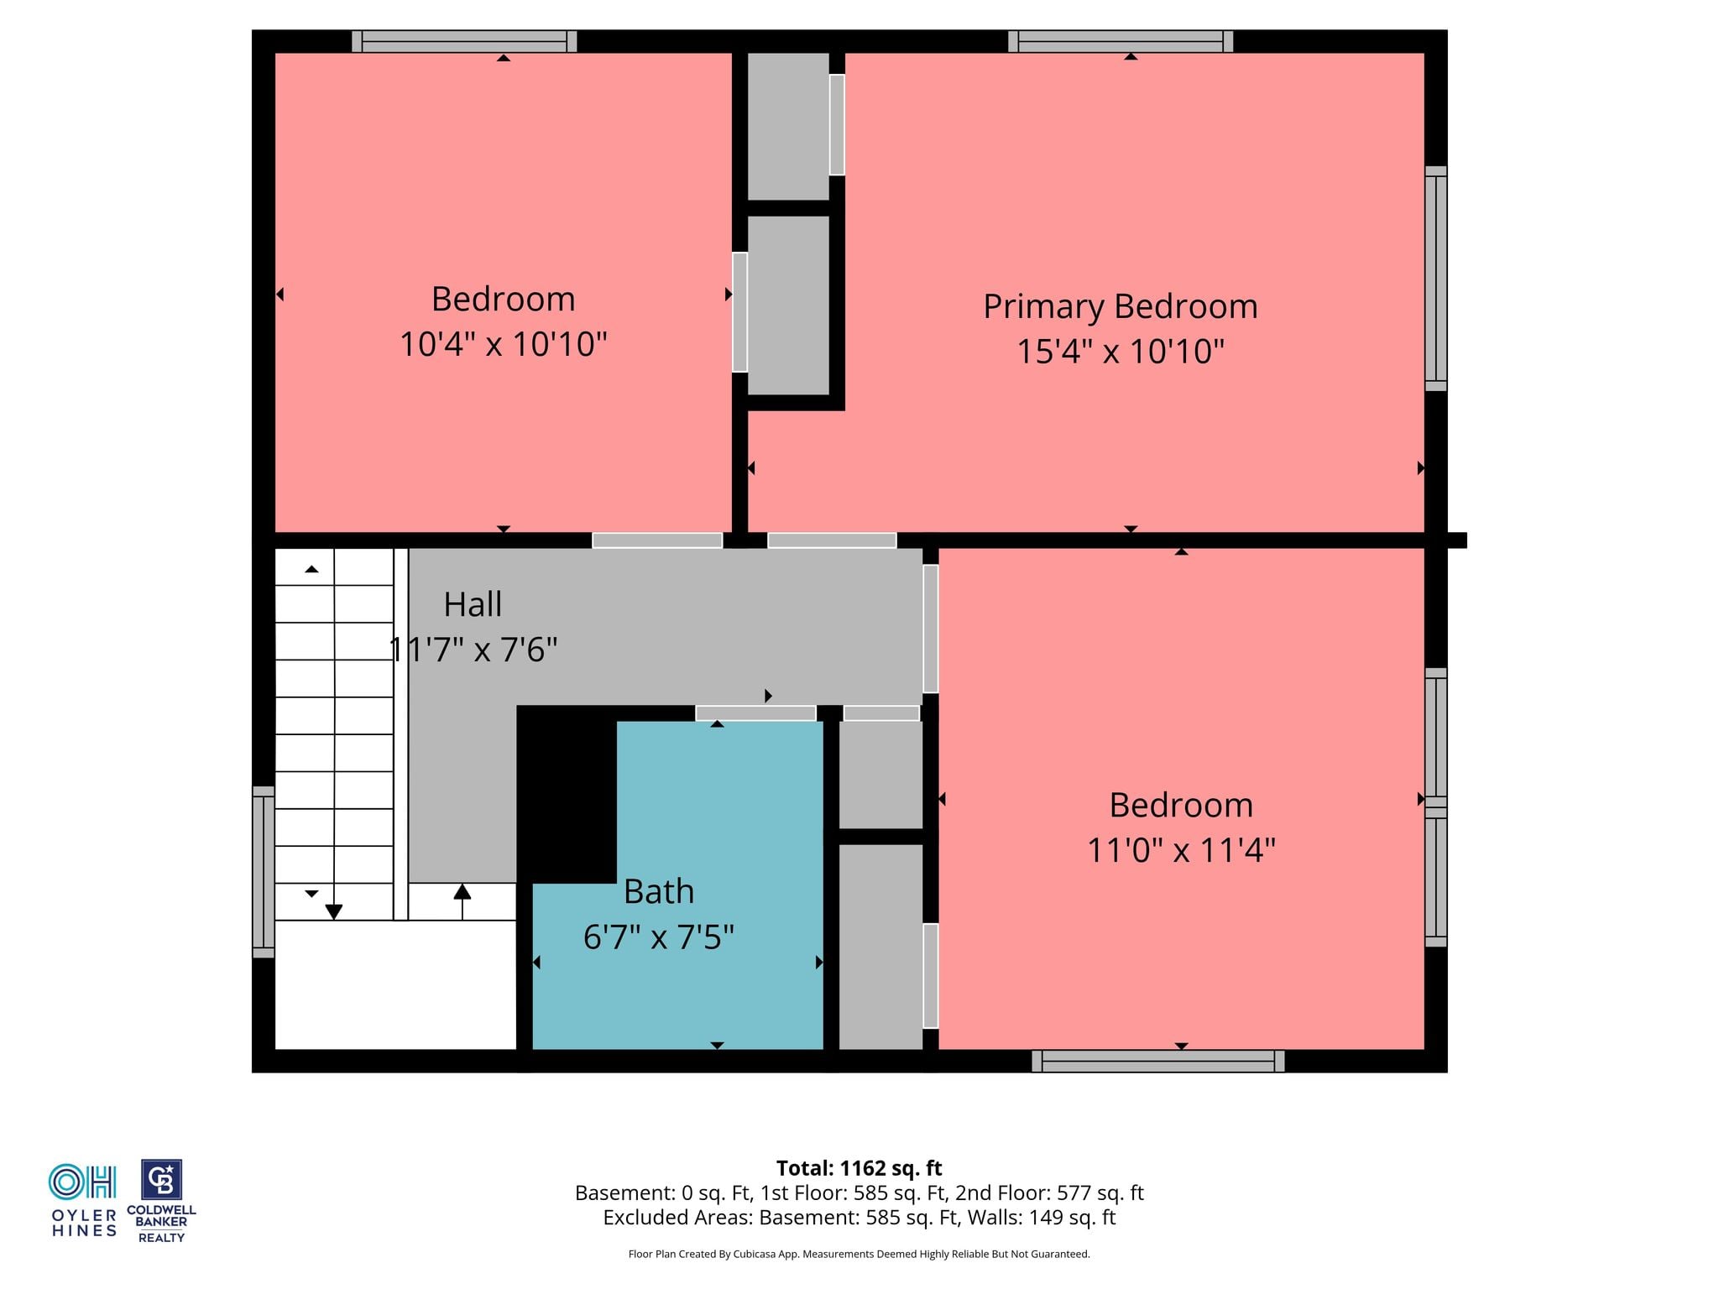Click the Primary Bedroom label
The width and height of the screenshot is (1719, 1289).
(x=1121, y=307)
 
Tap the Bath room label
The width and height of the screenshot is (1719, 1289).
(x=659, y=891)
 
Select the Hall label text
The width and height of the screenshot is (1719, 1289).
(x=473, y=604)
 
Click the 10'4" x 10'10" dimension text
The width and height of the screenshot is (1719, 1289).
(x=503, y=344)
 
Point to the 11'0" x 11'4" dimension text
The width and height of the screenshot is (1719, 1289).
(x=1181, y=850)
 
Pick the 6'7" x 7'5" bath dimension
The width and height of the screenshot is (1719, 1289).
(x=659, y=937)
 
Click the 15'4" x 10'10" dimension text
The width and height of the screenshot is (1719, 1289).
(x=1121, y=352)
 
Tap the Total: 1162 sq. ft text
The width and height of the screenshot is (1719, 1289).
(x=859, y=1168)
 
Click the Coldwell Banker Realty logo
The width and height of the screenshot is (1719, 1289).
(x=161, y=1201)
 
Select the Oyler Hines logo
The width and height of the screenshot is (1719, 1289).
(x=83, y=1200)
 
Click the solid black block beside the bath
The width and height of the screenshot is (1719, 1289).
(x=567, y=794)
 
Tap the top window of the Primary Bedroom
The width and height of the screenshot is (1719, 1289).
(x=1121, y=41)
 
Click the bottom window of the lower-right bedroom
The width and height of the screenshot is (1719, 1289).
(x=1158, y=1061)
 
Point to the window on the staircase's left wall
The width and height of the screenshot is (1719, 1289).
(x=264, y=872)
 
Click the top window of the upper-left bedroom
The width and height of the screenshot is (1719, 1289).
(x=464, y=41)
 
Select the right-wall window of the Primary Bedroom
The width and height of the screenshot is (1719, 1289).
(x=1436, y=279)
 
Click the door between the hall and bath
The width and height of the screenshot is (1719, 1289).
(x=755, y=713)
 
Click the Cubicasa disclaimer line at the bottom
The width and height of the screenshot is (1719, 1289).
(x=859, y=1254)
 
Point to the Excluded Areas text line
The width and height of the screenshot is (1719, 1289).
(x=859, y=1218)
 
